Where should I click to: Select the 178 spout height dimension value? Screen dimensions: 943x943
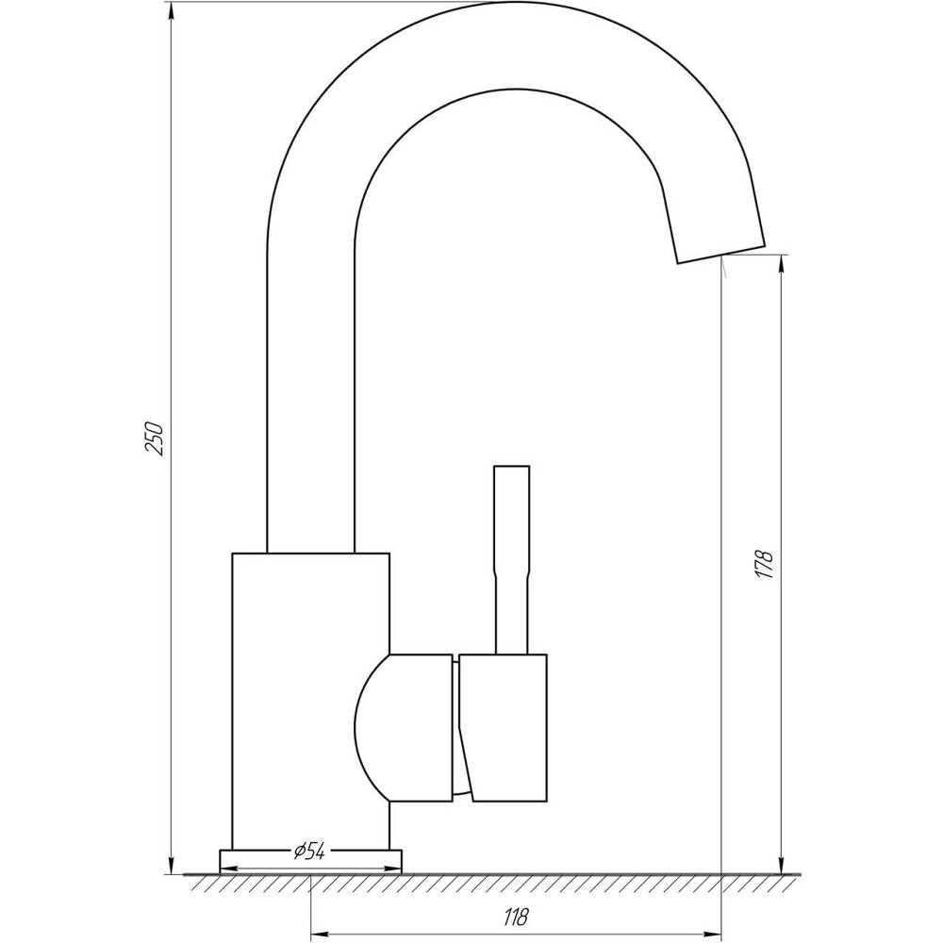point(765,563)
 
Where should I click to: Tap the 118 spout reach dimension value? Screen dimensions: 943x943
point(514,915)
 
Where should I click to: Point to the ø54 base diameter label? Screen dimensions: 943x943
point(309,852)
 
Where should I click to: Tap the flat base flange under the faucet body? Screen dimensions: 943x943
point(310,860)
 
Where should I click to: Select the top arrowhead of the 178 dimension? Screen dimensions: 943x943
point(781,264)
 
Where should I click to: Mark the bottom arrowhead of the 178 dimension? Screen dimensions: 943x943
point(781,865)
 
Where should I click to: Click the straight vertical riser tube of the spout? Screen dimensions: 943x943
point(311,396)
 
